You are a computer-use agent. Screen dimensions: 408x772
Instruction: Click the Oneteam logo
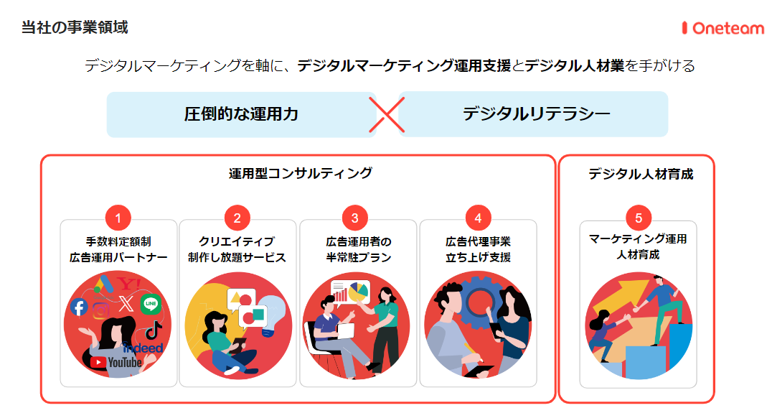722,28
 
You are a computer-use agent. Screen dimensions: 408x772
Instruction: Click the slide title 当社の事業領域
75,27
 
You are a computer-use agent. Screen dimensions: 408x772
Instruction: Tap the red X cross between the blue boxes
387,115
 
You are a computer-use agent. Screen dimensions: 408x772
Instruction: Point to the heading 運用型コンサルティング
300,173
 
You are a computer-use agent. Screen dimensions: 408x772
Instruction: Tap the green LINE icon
151,304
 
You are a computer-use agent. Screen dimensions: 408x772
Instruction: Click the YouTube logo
116,363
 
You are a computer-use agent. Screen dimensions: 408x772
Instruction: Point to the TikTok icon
153,331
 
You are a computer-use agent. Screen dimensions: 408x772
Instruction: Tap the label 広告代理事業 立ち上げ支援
478,249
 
